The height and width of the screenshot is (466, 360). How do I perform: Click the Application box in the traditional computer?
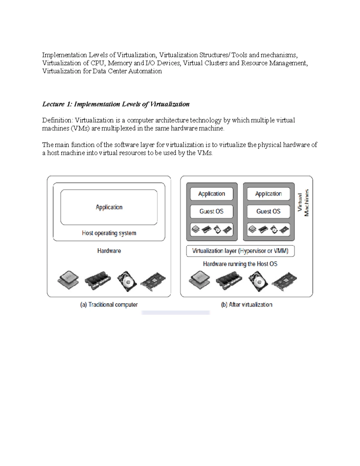click(x=109, y=207)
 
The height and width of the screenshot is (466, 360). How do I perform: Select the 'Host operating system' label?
click(x=109, y=233)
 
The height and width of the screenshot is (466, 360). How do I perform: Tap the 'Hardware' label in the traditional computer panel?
click(x=109, y=251)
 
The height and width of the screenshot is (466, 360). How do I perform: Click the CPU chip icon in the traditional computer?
click(x=68, y=280)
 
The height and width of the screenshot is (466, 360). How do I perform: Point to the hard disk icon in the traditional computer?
click(x=127, y=281)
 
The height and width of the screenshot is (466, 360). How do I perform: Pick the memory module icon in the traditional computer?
click(x=97, y=281)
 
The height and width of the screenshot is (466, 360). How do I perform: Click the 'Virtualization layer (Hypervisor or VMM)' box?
click(x=240, y=251)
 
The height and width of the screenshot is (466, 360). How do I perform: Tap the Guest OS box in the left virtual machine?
click(x=211, y=212)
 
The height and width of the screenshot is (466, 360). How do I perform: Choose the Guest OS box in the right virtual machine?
click(x=268, y=212)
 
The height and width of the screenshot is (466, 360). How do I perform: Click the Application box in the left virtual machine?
click(x=211, y=194)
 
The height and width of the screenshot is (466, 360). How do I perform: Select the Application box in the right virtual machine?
click(x=268, y=194)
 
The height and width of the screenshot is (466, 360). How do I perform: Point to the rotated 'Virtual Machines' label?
click(x=303, y=203)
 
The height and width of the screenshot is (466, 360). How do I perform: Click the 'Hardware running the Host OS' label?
click(x=240, y=264)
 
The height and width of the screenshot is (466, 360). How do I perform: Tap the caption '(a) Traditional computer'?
click(x=109, y=305)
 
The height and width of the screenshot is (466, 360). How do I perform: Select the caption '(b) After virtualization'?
click(x=247, y=305)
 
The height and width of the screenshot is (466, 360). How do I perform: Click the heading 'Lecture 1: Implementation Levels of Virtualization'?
click(x=116, y=104)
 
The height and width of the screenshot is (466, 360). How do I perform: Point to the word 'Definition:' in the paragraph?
click(x=57, y=120)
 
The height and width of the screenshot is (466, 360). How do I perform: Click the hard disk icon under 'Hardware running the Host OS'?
click(x=258, y=281)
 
